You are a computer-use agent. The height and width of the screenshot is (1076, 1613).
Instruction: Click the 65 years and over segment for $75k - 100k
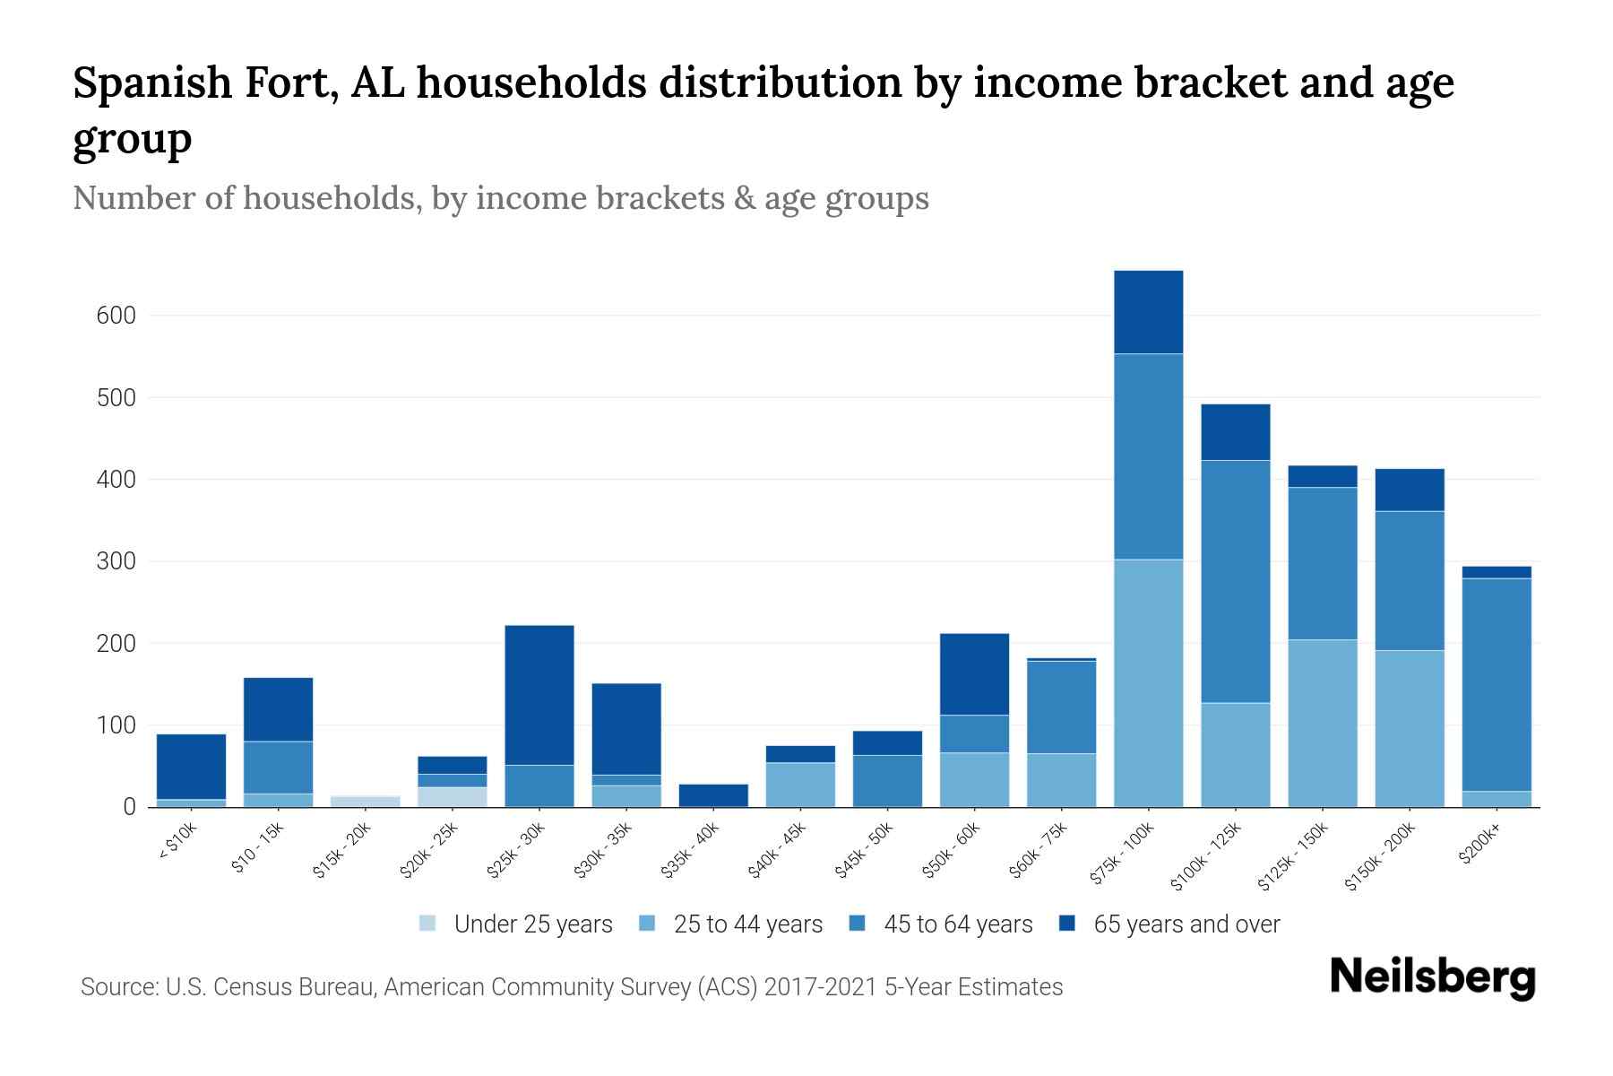1148,312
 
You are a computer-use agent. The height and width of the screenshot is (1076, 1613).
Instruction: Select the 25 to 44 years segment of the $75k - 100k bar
1148,683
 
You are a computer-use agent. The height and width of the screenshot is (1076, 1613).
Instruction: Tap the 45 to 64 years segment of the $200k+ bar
1497,684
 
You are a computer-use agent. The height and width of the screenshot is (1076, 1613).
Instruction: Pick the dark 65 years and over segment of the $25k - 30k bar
539,695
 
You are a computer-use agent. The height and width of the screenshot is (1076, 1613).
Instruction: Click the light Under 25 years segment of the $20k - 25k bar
453,797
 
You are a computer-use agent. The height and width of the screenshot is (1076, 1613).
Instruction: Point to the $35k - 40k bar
713,795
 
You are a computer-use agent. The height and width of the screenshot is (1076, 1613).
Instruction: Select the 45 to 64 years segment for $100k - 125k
1235,581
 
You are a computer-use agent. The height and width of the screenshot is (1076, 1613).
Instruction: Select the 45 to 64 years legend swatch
858,924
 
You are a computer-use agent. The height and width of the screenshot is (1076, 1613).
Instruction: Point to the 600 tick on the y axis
116,316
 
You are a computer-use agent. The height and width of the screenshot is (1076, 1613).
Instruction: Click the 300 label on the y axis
116,562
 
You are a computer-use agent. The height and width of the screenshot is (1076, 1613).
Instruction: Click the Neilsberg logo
1432,977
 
